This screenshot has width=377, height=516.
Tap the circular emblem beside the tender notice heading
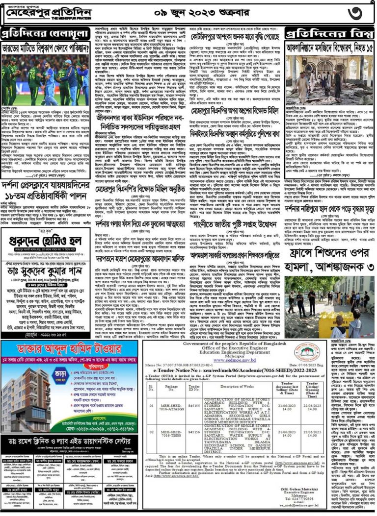click(343, 353)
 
